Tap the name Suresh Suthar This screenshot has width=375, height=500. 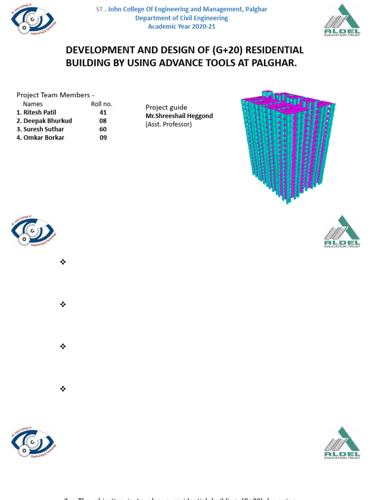tap(43, 129)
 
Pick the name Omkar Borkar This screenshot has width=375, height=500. tap(43, 137)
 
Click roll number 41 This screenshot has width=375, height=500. tap(103, 112)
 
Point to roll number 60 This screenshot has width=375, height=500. tap(103, 129)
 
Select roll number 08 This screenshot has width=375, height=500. tap(103, 121)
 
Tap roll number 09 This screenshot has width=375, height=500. tap(103, 137)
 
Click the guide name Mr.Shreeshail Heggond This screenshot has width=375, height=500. tap(179, 116)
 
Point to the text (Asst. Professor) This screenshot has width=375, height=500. tap(168, 124)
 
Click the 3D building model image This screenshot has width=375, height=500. tap(287, 146)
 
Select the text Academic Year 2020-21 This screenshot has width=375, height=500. tap(182, 26)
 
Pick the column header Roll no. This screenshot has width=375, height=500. tap(102, 104)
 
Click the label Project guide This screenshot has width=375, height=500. tap(166, 107)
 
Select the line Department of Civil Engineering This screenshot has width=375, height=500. tap(182, 18)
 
